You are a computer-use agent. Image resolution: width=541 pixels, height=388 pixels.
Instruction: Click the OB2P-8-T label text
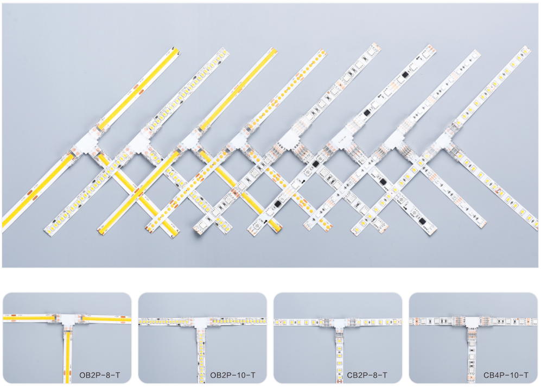tap(100, 375)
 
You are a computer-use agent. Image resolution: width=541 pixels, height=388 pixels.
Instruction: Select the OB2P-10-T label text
tap(233, 375)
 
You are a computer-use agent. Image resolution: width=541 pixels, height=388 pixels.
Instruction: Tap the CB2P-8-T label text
tap(367, 375)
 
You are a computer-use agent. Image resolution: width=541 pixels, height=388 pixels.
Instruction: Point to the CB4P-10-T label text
tap(506, 375)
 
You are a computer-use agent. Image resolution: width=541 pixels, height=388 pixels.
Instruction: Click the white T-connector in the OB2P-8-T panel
tap(68, 320)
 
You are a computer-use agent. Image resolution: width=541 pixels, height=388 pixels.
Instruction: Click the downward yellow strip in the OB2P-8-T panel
tap(68, 355)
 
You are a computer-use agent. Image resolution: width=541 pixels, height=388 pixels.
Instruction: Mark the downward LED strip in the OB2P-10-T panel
tap(201, 355)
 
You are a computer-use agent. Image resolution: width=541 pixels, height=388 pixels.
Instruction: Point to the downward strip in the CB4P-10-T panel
tap(472, 355)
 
